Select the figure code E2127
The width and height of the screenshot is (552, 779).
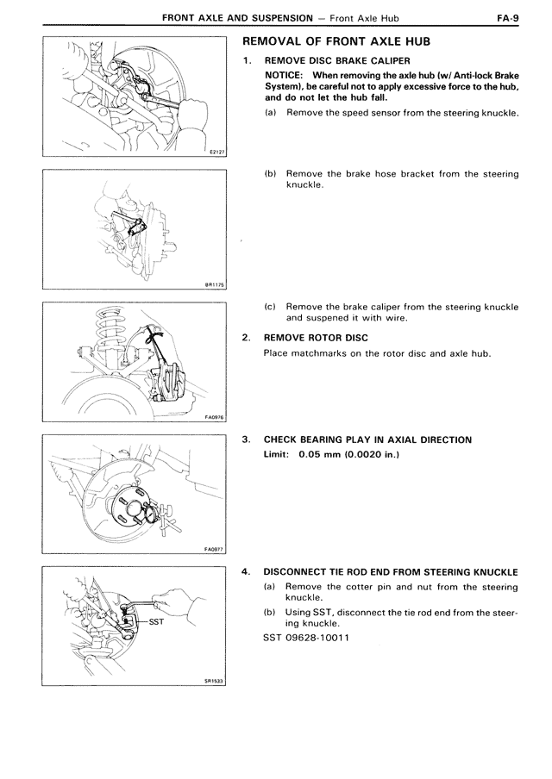point(216,151)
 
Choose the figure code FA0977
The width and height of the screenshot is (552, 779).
point(215,548)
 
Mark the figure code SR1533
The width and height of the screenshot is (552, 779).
point(215,680)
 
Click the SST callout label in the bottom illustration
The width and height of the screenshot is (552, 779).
point(156,620)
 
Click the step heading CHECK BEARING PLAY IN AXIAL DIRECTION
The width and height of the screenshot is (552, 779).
point(367,439)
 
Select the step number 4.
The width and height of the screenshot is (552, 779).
point(247,572)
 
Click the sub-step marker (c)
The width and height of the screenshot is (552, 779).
point(270,306)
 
